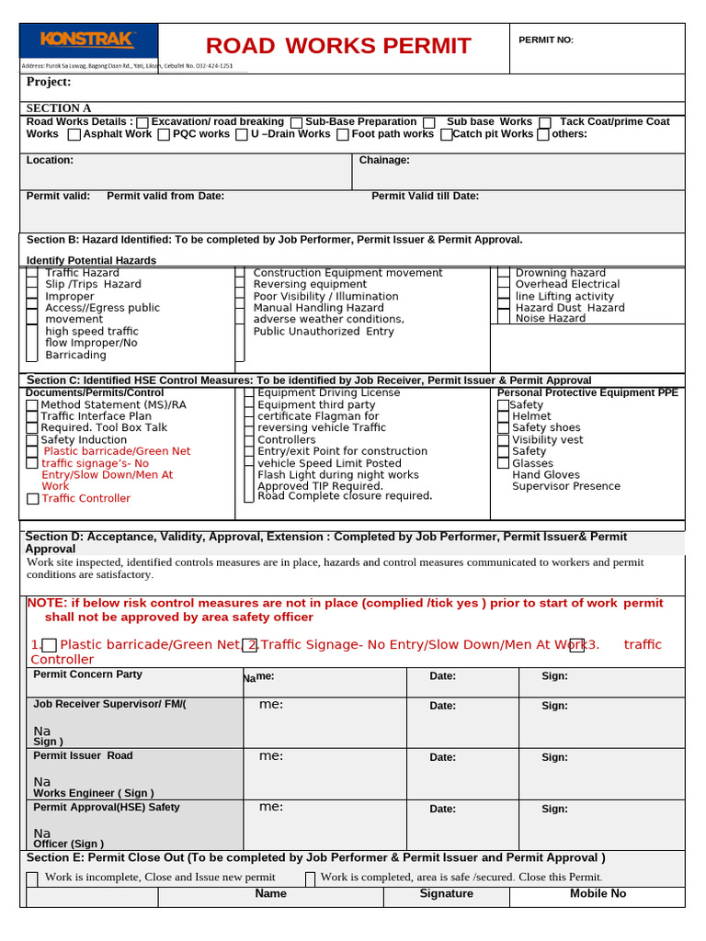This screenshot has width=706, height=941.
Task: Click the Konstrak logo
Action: coord(88,40)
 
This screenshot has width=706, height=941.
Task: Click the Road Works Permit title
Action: coord(338,46)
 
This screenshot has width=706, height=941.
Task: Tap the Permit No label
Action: coord(546,40)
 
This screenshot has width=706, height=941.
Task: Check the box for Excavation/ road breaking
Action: coord(142,122)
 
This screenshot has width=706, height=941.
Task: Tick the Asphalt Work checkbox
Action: coord(74,135)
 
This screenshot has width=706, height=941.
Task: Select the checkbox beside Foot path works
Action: coord(342,135)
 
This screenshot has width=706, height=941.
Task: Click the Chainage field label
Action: coord(384,160)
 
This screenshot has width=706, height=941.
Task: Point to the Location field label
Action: coord(50,160)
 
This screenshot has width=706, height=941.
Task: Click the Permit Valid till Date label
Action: coord(425,196)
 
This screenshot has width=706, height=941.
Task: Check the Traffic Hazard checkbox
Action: coord(32,274)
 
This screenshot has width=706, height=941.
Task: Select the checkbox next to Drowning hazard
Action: coord(503,274)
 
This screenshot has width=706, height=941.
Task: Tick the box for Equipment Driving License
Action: coord(249,393)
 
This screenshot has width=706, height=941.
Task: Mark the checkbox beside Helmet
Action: coord(503,416)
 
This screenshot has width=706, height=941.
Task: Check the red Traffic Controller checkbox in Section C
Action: coord(32,499)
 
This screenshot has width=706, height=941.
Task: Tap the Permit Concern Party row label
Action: coord(87,675)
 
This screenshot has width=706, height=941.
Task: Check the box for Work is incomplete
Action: coord(33,878)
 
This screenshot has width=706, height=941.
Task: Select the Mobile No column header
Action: coord(598,893)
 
